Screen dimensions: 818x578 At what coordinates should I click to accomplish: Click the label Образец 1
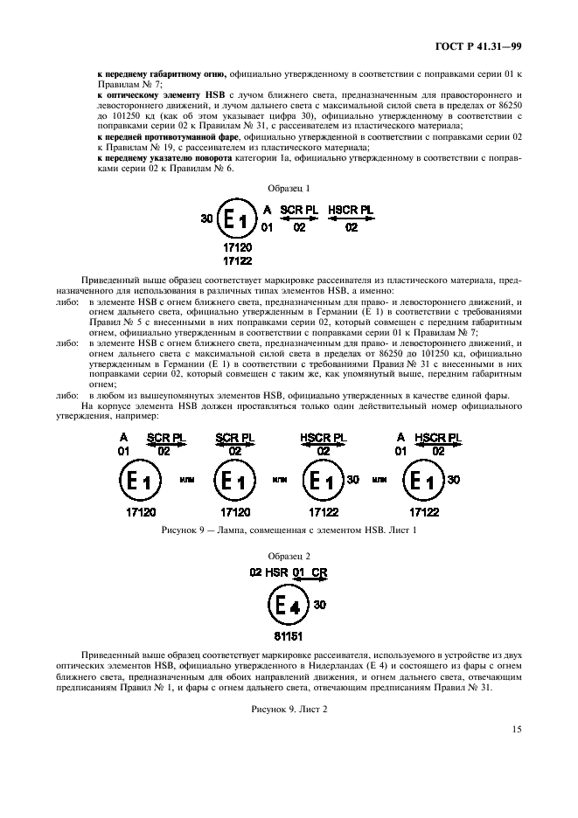288,188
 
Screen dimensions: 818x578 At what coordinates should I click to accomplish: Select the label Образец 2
288,555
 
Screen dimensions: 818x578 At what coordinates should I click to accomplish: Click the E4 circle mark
288,605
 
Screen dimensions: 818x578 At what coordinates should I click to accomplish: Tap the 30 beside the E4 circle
320,604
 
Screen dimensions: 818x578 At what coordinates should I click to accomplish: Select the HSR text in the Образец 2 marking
276,572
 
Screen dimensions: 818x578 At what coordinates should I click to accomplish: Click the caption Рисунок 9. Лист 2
288,683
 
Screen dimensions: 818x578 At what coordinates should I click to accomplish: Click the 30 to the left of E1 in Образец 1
206,219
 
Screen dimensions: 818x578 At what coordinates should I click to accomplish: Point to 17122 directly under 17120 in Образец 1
237,260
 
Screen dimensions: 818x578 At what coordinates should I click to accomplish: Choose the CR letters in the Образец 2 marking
318,572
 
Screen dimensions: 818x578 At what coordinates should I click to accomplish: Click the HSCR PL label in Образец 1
351,211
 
